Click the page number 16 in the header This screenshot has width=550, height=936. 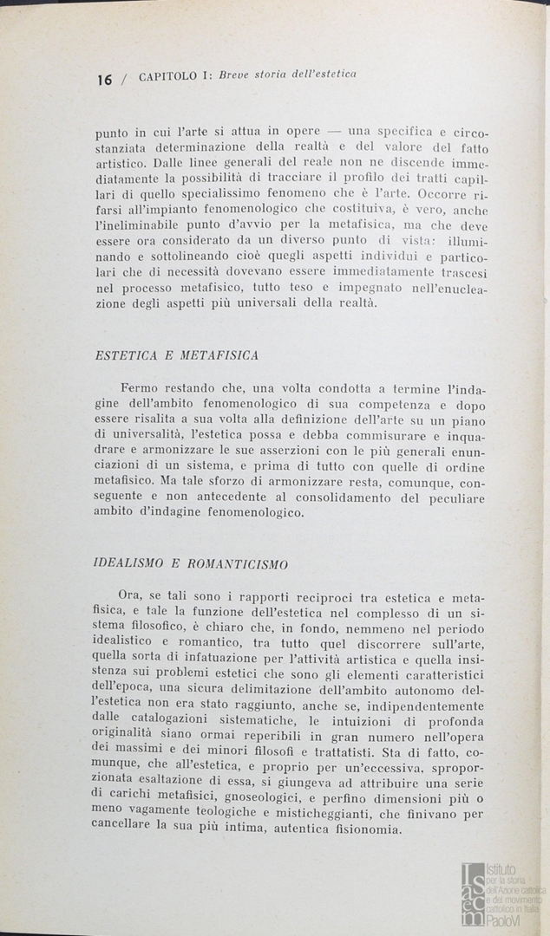[x=104, y=80]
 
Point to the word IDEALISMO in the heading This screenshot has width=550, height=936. [x=128, y=563]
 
